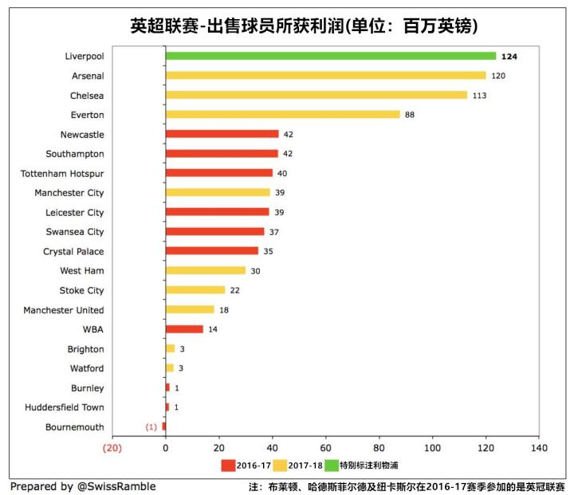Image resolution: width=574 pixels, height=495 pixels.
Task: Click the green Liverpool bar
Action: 331,56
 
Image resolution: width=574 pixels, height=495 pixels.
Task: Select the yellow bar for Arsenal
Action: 325,76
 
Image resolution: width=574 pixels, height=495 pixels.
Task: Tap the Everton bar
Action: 282,115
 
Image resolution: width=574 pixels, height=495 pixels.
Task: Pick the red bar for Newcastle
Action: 222,135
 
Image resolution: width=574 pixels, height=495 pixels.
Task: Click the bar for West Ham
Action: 206,271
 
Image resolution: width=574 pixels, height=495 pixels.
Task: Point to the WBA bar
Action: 184,329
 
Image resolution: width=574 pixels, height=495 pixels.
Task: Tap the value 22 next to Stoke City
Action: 234,291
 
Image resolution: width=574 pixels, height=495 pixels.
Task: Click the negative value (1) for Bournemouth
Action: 151,427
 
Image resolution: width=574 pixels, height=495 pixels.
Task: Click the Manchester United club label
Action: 64,310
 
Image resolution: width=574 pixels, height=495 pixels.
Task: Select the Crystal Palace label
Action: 73,252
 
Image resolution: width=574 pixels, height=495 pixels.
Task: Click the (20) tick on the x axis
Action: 112,447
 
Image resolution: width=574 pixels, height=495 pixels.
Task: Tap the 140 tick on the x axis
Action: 539,447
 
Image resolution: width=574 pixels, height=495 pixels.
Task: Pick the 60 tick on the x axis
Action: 325,447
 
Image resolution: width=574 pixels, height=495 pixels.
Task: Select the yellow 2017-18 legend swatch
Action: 280,465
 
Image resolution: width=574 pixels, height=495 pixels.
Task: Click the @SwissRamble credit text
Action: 117,486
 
